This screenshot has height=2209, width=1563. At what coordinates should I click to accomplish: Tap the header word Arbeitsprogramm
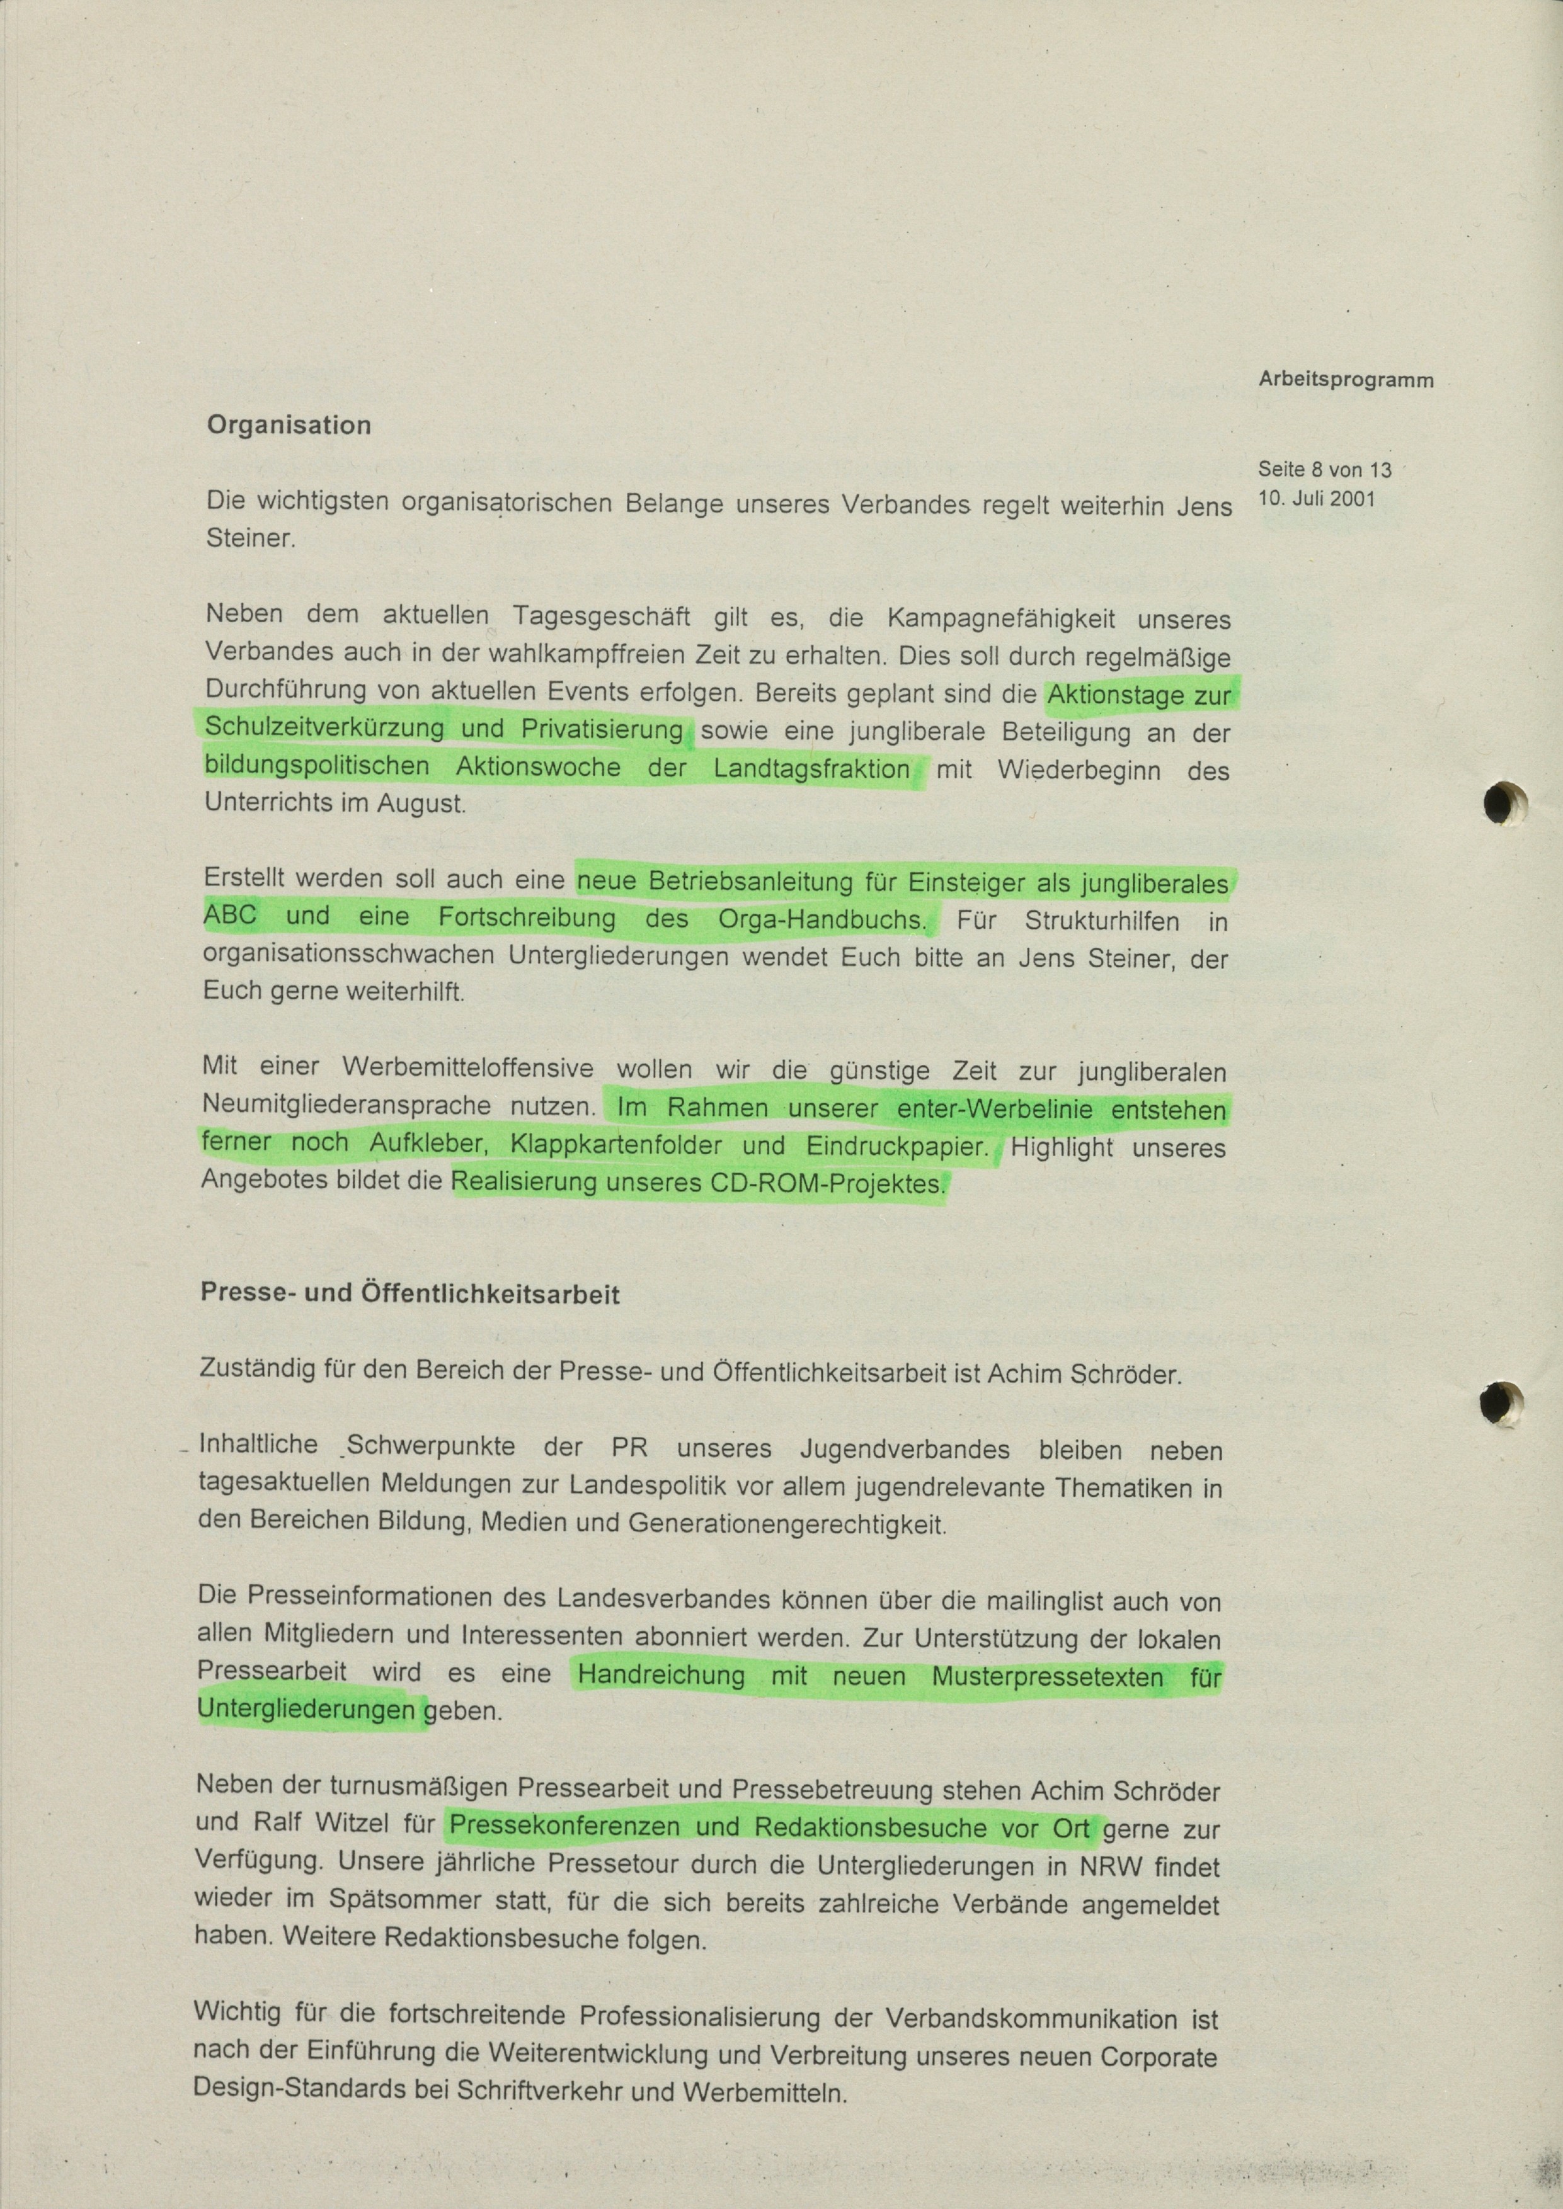tap(1346, 380)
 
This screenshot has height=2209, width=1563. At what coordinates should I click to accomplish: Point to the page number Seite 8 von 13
tap(1324, 470)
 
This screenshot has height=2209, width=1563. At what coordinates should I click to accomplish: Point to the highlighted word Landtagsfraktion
tap(811, 769)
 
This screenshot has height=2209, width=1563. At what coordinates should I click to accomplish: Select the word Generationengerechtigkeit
tap(786, 1524)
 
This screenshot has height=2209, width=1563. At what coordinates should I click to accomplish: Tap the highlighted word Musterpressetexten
tap(1047, 1677)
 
